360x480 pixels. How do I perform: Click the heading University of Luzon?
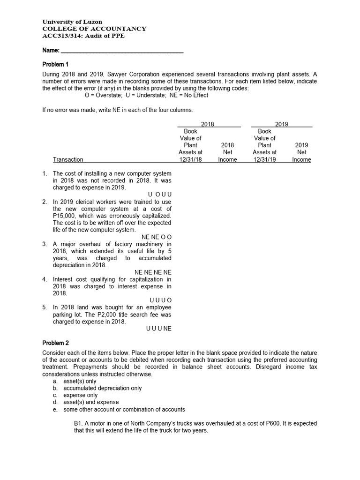tap(72, 22)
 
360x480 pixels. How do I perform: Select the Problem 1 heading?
tap(56, 64)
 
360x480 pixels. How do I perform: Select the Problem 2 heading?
tap(56, 343)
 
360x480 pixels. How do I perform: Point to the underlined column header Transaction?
tap(68, 160)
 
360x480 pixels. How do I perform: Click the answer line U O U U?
tap(157, 195)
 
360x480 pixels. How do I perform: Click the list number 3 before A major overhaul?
tap(45, 244)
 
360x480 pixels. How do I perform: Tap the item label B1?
tap(78, 423)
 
